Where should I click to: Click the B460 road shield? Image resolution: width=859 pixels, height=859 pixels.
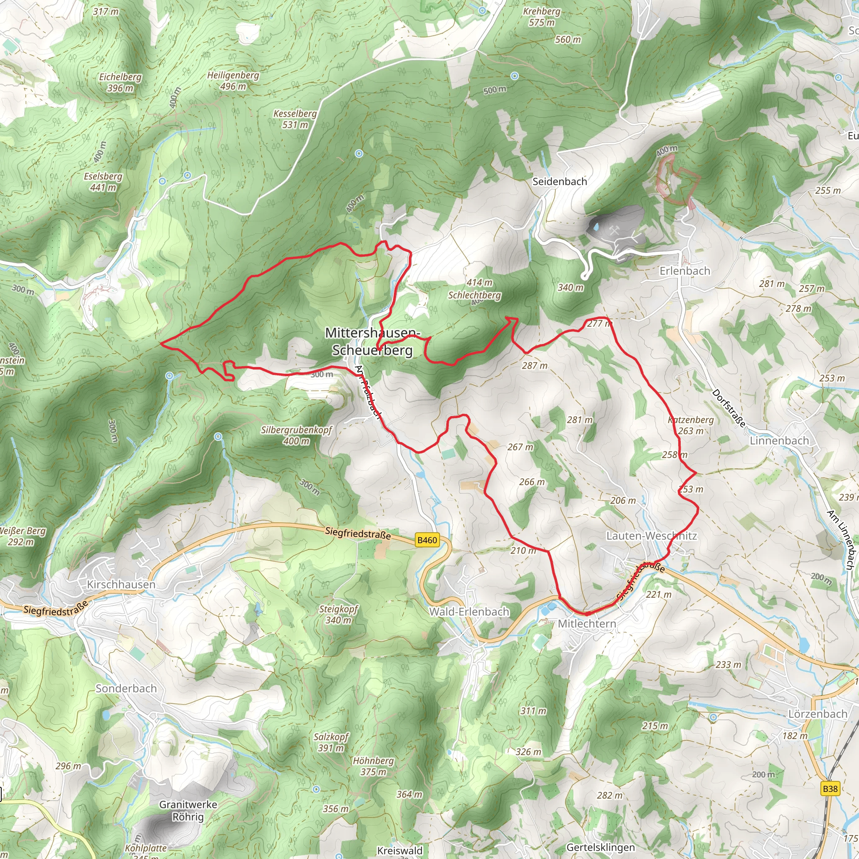click(427, 540)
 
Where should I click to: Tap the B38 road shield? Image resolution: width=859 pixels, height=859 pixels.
click(830, 789)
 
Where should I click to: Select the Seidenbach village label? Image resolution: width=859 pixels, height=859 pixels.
click(560, 181)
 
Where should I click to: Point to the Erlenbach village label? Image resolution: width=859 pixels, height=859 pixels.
click(684, 271)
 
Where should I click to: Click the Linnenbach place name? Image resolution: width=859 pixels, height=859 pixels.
click(779, 441)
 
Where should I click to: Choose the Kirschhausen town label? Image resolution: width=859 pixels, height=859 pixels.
click(121, 584)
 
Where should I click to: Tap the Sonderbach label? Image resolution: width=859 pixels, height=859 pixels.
click(126, 688)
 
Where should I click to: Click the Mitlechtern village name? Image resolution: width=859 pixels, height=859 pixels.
click(587, 623)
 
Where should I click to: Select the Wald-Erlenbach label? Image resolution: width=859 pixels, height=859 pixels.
click(469, 612)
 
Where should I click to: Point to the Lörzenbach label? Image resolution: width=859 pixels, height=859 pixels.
click(817, 713)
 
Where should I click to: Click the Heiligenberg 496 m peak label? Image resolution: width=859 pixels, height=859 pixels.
click(233, 81)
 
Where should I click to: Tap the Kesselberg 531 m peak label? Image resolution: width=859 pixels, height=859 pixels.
click(295, 119)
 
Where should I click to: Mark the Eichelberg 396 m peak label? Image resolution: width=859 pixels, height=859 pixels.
click(120, 82)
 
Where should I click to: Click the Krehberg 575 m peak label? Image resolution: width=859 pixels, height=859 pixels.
click(541, 17)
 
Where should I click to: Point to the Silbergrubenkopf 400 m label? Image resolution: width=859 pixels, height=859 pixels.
click(297, 435)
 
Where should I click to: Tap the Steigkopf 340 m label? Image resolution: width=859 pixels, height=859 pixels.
click(338, 614)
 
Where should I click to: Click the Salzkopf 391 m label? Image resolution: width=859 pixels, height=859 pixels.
click(331, 742)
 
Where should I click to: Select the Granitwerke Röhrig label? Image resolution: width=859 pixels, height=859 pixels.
click(188, 810)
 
